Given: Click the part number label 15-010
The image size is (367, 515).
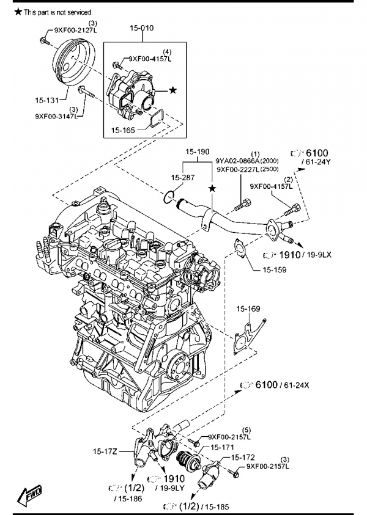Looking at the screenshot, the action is [x=141, y=28].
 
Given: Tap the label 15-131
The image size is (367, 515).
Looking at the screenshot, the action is [x=46, y=100].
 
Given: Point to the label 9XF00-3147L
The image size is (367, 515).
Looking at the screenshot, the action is [x=56, y=116].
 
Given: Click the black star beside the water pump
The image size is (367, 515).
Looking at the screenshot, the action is [x=172, y=90].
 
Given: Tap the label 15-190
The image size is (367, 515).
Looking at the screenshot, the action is [x=198, y=152].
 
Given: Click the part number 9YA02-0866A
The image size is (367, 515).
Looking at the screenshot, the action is [x=237, y=161].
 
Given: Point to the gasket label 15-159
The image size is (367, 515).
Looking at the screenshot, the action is [x=275, y=270].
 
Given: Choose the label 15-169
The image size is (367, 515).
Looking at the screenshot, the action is [x=248, y=309].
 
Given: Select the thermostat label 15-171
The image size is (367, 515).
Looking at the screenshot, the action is [x=222, y=447].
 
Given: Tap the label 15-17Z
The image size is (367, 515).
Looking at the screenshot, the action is [x=105, y=451].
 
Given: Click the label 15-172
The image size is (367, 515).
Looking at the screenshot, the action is [x=243, y=458].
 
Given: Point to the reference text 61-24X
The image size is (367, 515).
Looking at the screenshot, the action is [x=296, y=385].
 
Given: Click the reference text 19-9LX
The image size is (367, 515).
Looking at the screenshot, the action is [x=319, y=255].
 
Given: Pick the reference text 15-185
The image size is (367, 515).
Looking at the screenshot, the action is [x=217, y=507].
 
